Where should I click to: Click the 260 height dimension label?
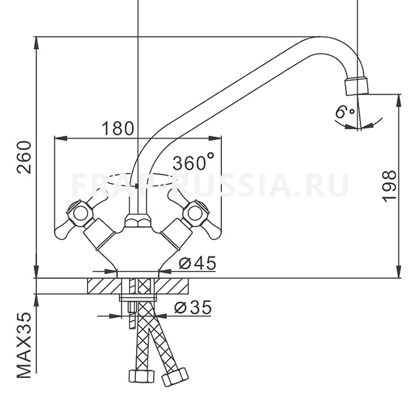pos(25,157)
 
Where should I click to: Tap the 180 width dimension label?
pos(118,128)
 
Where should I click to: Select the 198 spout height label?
pos(389,186)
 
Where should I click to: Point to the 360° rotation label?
pos(193,163)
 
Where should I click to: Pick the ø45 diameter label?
pos(197,263)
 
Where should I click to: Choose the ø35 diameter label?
pos(193,307)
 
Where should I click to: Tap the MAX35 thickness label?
pos(25,346)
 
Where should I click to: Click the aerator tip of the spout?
pos(356,86)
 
